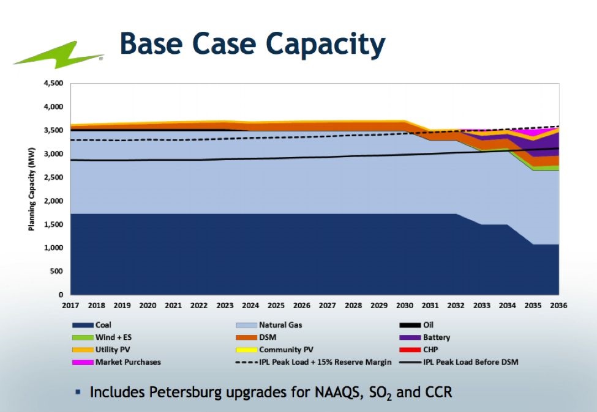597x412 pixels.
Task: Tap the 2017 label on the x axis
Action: [x=71, y=304]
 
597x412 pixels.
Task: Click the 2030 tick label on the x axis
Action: [x=405, y=304]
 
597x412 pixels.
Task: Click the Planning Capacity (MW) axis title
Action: [x=31, y=189]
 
